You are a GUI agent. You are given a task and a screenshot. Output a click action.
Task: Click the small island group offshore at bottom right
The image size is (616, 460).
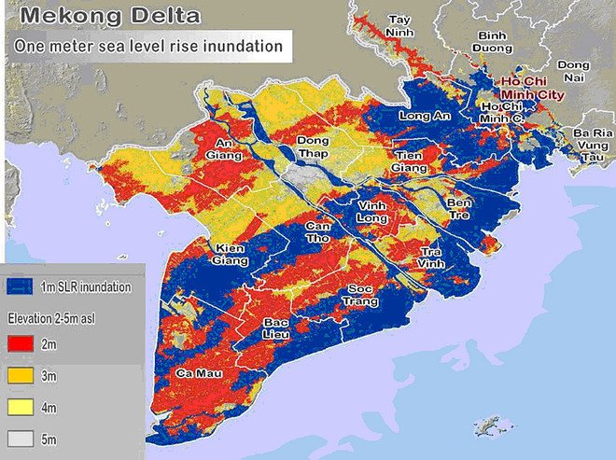[487, 425]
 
